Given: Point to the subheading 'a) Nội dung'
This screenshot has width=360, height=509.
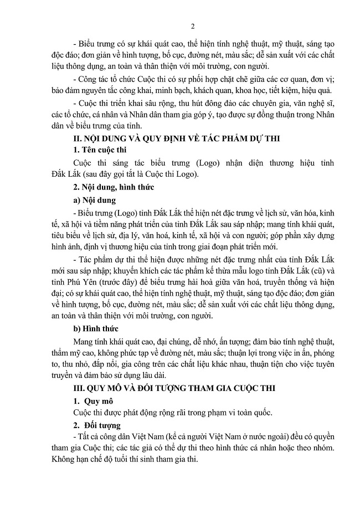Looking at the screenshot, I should pyautogui.click(x=95, y=200).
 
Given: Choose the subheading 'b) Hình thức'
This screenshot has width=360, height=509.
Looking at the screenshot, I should pyautogui.click(x=97, y=328).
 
